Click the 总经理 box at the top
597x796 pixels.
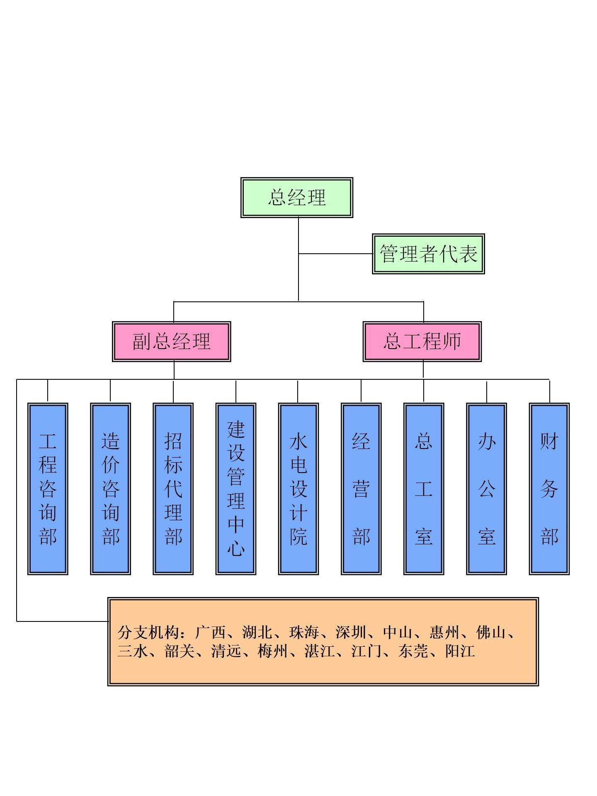point(296,197)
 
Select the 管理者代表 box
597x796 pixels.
point(428,254)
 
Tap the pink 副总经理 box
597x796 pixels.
point(171,341)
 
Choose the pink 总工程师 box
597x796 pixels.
point(422,341)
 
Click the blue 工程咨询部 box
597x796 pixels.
point(48,488)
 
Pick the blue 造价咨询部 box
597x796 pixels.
point(110,488)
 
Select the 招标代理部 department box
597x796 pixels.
point(173,488)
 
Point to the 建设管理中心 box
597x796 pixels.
point(236,488)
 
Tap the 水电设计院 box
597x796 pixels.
point(298,488)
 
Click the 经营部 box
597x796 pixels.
point(361,488)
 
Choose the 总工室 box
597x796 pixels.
point(424,488)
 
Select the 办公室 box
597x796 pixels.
point(486,488)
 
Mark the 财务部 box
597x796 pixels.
point(549,488)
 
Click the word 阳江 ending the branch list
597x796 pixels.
point(460,651)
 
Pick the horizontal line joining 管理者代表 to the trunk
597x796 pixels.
point(335,254)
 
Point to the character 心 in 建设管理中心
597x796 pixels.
point(236,548)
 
